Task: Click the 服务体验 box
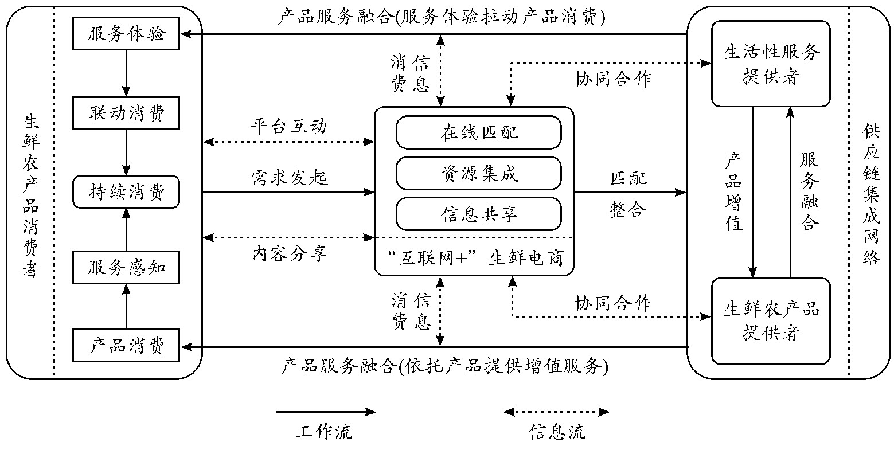coord(126,34)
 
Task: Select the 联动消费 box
coord(126,113)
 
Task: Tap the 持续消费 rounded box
coord(126,192)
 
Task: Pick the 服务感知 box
coord(126,267)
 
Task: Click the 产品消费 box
coord(126,346)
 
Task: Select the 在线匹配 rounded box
coord(478,132)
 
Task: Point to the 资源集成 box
coord(478,173)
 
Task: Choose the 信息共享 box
coord(478,214)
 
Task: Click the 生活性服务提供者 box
coord(770,64)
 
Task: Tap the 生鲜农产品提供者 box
coord(770,320)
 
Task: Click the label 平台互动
coord(289,126)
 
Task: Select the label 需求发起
coord(289,178)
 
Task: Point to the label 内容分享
coord(289,253)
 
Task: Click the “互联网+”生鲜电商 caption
coord(474,259)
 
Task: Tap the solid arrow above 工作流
coord(325,412)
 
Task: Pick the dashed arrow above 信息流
coord(556,412)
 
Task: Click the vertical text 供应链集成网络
coord(870,195)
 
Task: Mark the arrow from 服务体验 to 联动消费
coord(126,73)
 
